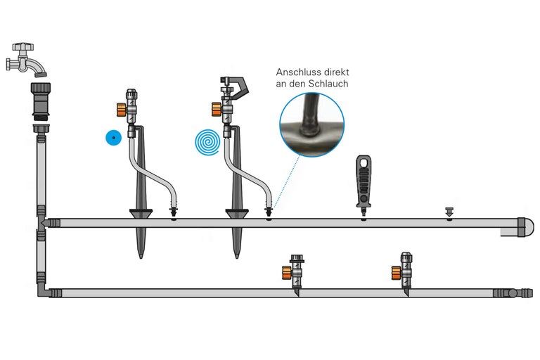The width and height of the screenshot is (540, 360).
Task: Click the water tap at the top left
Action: [x=27, y=59]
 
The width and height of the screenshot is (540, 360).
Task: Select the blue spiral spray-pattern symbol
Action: [x=207, y=142]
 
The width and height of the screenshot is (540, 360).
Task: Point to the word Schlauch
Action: [x=328, y=84]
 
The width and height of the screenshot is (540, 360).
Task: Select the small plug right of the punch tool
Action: [x=449, y=211]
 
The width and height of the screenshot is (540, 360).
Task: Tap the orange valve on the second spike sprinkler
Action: [x=217, y=110]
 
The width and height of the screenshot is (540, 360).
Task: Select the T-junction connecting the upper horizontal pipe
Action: [x=41, y=224]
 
